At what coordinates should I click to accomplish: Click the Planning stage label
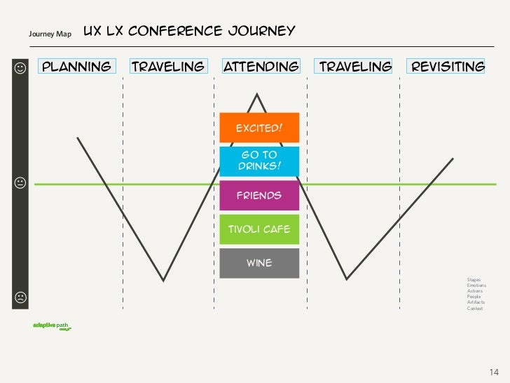coord(77,67)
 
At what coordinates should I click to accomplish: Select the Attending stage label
coord(261,67)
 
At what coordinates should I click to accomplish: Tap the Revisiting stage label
coord(448,67)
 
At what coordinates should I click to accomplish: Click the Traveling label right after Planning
coord(168,67)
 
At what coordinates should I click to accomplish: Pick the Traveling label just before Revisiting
coord(355,67)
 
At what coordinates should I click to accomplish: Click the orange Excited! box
coord(259,128)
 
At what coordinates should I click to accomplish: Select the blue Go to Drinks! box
coord(259,161)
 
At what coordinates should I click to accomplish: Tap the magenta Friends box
coord(259,195)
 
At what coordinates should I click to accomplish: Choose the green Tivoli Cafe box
coord(259,229)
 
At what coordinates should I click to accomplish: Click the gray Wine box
coord(259,263)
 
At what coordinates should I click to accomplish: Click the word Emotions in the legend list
coord(476,285)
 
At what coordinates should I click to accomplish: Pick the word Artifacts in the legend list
coord(476,302)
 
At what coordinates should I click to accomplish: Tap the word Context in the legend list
coord(475,309)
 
